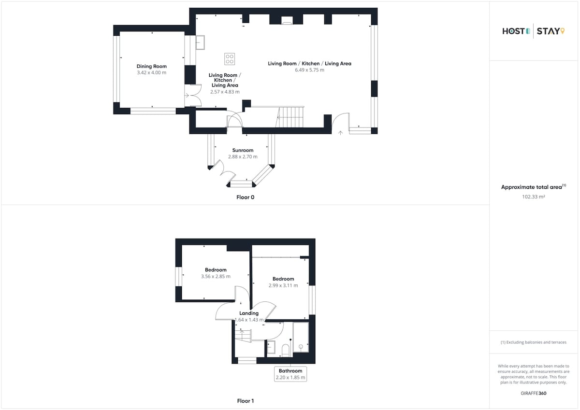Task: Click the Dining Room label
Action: point(151,66)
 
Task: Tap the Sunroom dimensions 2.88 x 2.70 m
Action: point(243,156)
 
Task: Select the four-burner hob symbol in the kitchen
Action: point(230,59)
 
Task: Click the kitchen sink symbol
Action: point(200,42)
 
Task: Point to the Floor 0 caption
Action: point(245,197)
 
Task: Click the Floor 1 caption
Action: point(245,401)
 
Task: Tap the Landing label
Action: point(249,313)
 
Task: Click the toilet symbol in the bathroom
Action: point(285,350)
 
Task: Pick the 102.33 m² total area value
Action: point(534,197)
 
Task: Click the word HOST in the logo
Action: point(513,31)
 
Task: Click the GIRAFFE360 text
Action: point(534,393)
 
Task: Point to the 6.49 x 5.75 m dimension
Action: point(309,70)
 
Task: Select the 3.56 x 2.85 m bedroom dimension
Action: point(216,276)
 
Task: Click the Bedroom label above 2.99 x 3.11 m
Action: point(283,279)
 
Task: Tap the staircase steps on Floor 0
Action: point(290,117)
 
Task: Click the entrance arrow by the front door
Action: point(340,133)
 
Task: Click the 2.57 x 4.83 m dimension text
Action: point(225,92)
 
